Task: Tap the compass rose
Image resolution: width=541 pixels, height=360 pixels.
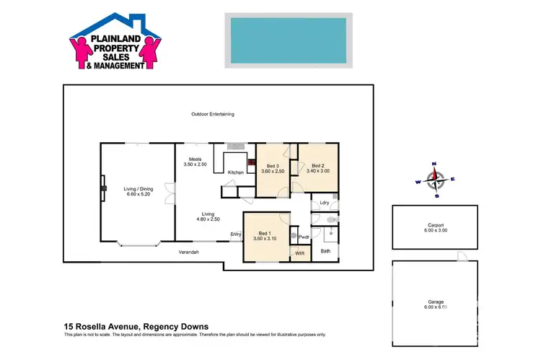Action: [435, 180]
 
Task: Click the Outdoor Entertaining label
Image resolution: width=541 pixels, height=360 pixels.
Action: [213, 114]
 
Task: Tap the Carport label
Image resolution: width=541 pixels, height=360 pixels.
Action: [435, 227]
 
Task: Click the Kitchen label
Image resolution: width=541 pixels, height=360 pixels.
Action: [236, 172]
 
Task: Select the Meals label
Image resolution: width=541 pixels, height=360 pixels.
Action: [195, 159]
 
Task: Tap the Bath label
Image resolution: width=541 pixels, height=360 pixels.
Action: [325, 250]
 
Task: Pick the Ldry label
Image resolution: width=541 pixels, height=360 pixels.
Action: [325, 203]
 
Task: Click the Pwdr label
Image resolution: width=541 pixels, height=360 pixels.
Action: [304, 236]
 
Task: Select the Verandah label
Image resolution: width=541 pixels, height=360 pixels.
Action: [189, 251]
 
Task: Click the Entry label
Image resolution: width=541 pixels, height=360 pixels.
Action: [236, 234]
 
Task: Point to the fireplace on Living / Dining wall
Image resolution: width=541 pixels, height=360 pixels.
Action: [104, 189]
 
